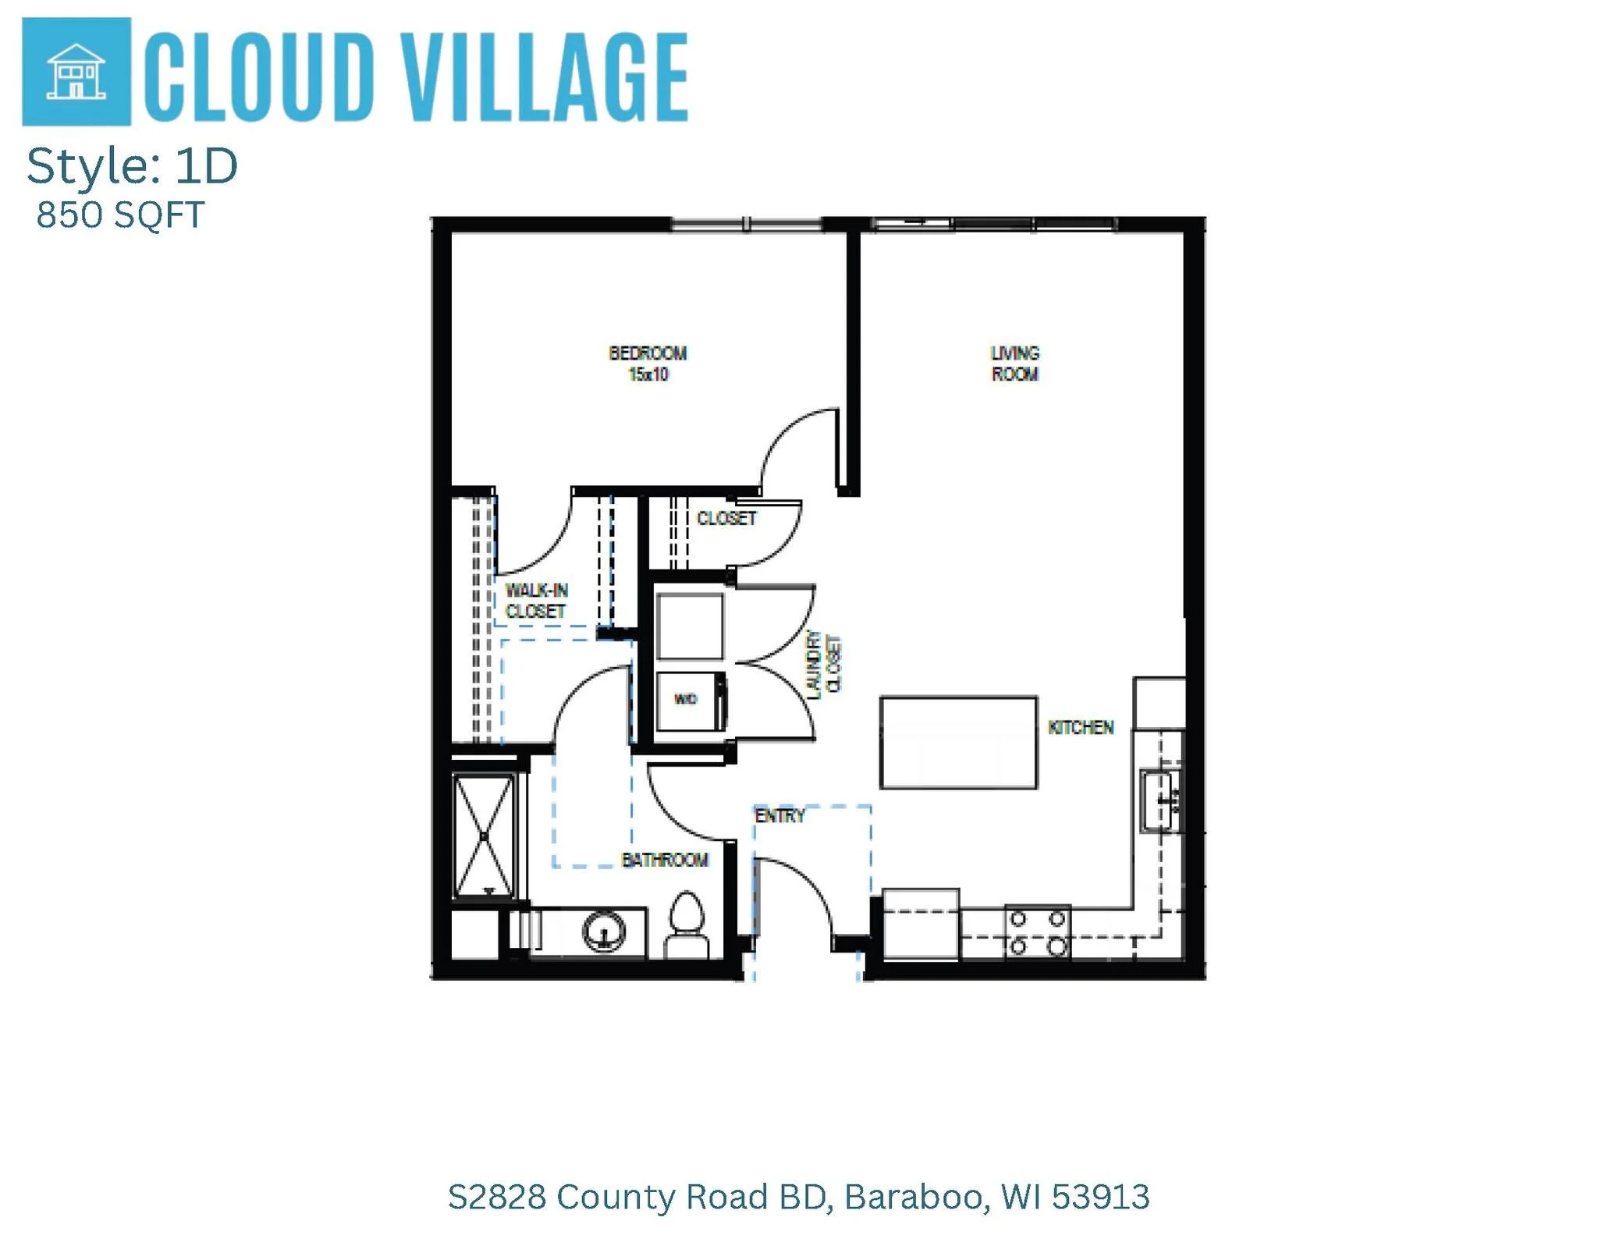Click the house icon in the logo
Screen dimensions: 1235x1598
click(76, 72)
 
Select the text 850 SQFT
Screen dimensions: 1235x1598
click(120, 215)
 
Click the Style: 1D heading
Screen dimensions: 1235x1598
click(132, 166)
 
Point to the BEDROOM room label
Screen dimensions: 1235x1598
click(648, 353)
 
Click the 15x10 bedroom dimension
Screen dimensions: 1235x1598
click(648, 375)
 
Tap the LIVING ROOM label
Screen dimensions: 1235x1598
click(1014, 364)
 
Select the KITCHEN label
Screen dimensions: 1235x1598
click(1081, 728)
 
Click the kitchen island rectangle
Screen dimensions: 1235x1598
click(958, 743)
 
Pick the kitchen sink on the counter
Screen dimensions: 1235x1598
click(1159, 800)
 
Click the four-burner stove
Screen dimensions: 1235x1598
click(1037, 932)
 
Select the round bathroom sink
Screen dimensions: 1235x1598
click(605, 931)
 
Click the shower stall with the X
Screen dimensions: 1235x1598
click(484, 836)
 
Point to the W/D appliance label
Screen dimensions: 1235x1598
click(685, 699)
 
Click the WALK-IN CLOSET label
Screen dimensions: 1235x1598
click(536, 601)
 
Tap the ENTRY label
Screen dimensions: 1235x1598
click(779, 816)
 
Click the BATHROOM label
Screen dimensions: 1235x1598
click(665, 860)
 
